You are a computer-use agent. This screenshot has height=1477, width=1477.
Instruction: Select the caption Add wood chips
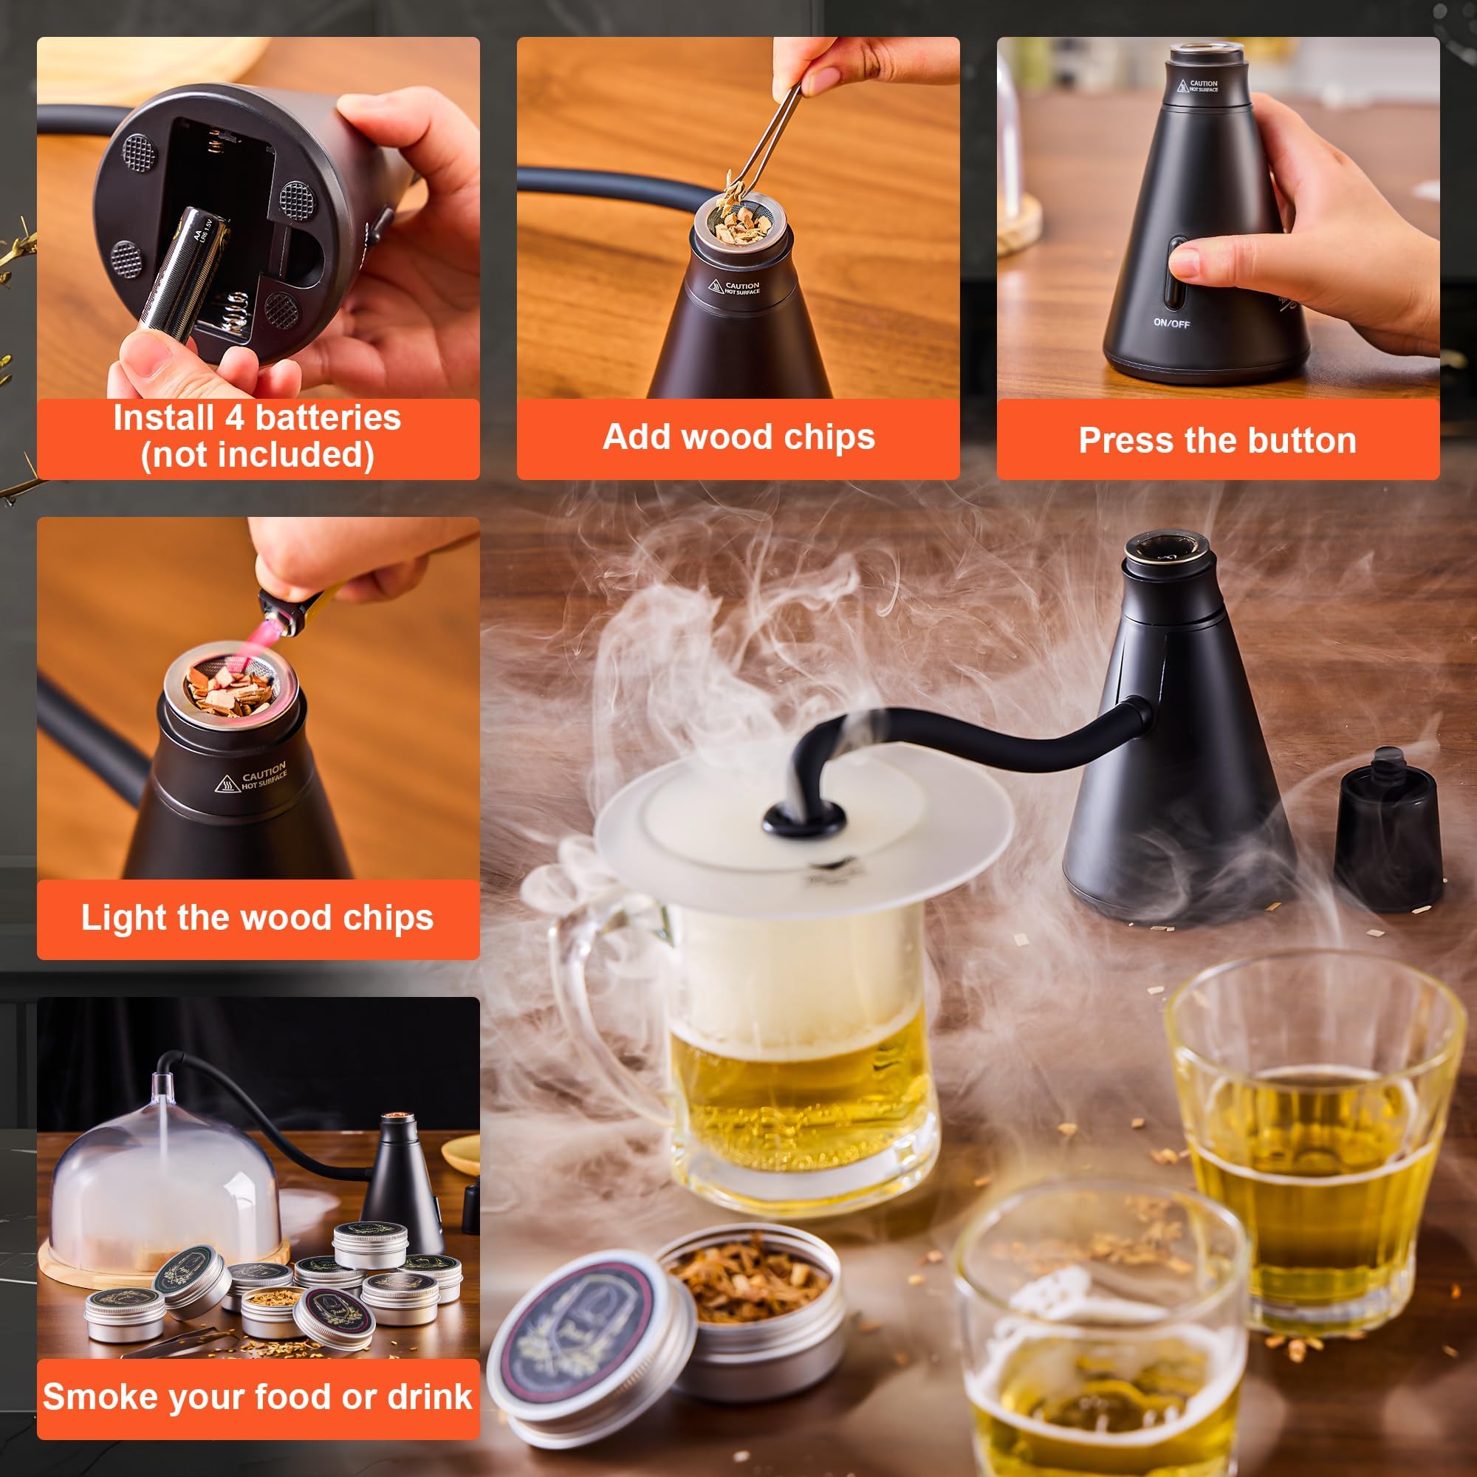click(x=738, y=437)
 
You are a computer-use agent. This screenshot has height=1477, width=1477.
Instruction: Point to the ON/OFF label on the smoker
click(x=1171, y=323)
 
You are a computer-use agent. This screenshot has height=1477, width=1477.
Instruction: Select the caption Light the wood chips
click(x=257, y=917)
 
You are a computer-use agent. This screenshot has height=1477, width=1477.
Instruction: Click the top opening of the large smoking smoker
click(x=1168, y=546)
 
